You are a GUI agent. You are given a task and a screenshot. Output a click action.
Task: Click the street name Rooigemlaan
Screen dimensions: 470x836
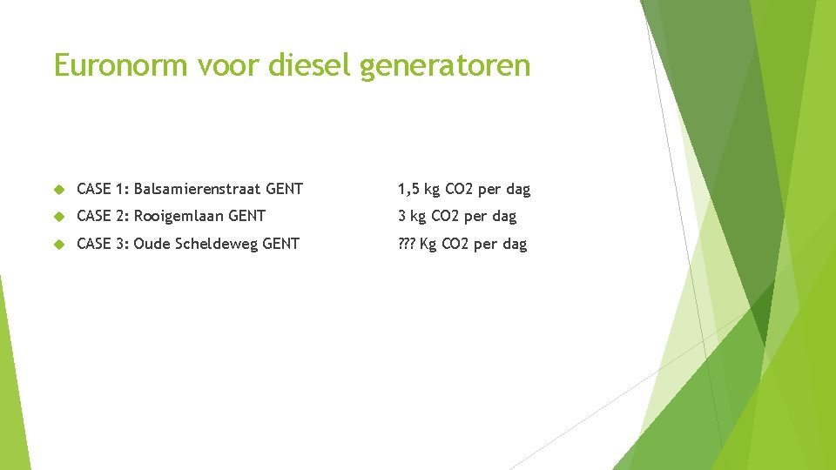(179, 216)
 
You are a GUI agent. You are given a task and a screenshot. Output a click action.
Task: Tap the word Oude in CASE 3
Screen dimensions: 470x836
(152, 244)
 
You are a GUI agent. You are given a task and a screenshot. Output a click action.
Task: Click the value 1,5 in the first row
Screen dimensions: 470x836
(408, 189)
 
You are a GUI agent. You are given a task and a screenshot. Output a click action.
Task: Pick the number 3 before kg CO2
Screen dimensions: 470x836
(402, 216)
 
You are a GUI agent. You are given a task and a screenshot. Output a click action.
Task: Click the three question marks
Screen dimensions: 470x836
(407, 244)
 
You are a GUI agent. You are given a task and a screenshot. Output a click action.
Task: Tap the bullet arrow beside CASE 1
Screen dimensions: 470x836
(59, 190)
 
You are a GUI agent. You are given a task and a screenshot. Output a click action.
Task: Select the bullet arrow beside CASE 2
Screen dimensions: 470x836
(59, 217)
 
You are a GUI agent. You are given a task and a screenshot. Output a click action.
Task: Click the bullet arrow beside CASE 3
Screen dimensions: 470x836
(59, 245)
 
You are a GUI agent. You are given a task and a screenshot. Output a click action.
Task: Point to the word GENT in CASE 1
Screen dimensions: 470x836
(285, 189)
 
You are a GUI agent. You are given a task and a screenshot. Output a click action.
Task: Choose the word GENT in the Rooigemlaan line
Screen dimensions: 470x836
(246, 216)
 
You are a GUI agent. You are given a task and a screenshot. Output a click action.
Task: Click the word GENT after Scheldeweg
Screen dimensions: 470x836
(280, 244)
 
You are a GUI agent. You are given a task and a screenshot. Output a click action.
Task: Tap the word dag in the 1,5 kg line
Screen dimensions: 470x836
(517, 189)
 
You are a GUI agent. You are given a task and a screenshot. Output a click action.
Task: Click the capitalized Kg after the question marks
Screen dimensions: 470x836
(428, 244)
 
